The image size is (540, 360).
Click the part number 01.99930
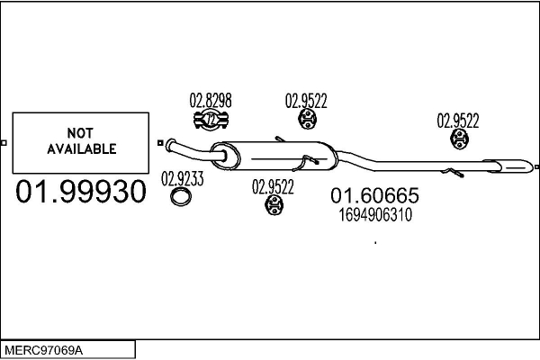(x=81, y=192)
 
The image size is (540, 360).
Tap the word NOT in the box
(x=80, y=133)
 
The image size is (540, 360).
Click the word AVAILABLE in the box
(x=82, y=148)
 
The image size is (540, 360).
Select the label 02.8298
(x=211, y=100)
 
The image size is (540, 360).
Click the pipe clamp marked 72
(x=211, y=120)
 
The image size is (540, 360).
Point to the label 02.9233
(x=182, y=179)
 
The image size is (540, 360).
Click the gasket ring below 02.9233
(x=181, y=197)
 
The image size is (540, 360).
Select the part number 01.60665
(x=374, y=195)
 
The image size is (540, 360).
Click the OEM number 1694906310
(x=375, y=215)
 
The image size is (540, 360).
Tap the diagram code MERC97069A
(x=44, y=351)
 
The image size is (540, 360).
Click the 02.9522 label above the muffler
(x=306, y=101)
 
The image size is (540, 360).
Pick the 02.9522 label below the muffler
(x=273, y=187)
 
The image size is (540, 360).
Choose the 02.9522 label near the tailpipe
(x=458, y=121)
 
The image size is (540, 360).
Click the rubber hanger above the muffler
(x=307, y=119)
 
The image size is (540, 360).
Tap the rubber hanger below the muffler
(x=274, y=205)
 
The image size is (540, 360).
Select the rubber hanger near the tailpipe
(x=459, y=139)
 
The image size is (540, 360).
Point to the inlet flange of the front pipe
(x=169, y=146)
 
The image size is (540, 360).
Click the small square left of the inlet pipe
(x=160, y=142)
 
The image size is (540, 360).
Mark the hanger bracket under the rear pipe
(x=452, y=173)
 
